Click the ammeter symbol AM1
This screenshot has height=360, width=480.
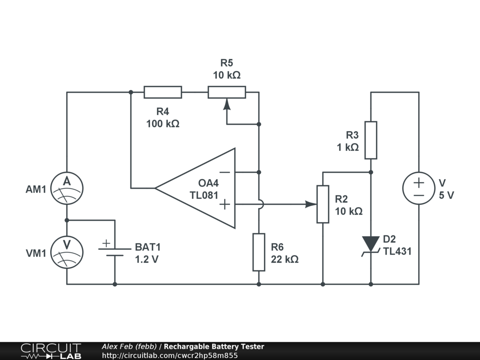coord(67,189)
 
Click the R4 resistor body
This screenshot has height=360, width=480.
coord(163,92)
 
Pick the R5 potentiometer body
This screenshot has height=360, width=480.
coord(227,92)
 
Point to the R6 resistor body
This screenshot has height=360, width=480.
coord(259,252)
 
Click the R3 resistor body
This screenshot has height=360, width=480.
coord(371,140)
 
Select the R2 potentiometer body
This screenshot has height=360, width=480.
coord(323,204)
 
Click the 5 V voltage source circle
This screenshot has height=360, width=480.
coord(419,188)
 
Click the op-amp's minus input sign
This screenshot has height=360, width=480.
coord(225,172)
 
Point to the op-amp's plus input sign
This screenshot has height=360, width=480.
coord(225,204)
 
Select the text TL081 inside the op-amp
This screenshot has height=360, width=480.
coord(204,195)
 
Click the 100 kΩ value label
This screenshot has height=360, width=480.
coord(163,124)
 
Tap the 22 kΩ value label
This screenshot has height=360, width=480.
coord(285,259)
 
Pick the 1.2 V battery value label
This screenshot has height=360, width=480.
coord(147,259)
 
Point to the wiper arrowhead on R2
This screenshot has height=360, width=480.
coord(310,204)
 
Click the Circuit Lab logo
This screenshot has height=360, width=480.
coord(51,351)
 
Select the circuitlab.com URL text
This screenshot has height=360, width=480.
coord(170,355)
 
